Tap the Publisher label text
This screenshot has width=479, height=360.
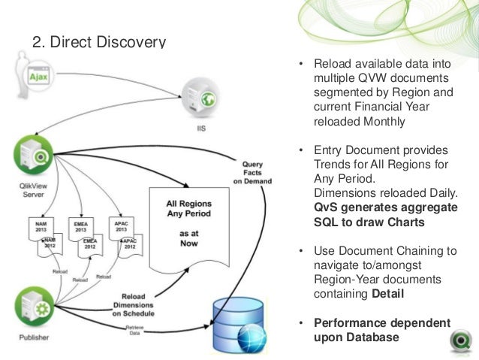[x=30, y=337]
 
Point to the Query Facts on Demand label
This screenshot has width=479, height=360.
[x=252, y=170]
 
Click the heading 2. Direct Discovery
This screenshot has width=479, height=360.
[x=98, y=41]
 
